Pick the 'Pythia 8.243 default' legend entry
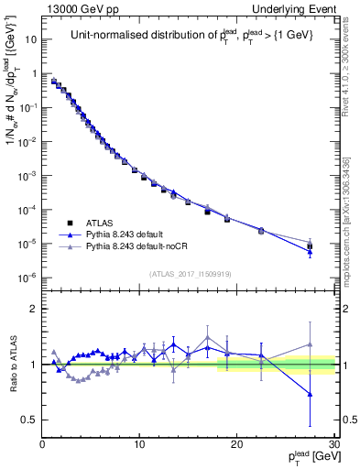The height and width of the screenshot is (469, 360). [131, 234]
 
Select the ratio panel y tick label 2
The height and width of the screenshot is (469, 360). [33, 310]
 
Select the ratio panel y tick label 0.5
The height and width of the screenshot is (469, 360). [27, 420]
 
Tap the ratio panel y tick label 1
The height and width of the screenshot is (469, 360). [33, 365]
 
